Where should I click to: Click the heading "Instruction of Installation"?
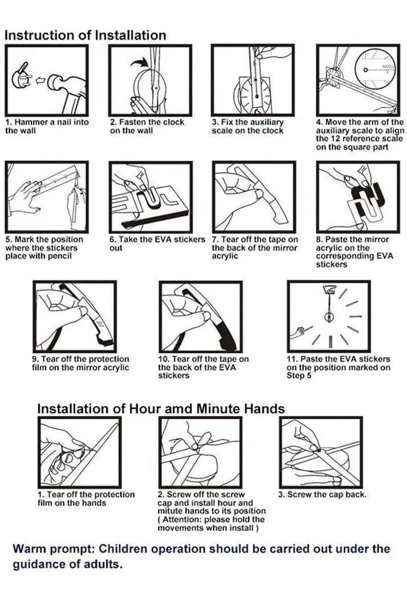[85, 35]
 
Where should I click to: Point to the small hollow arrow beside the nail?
[39, 80]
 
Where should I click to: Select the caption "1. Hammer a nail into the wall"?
[47, 126]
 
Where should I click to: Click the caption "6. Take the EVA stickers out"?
[157, 244]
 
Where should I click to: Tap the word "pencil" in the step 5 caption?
[60, 256]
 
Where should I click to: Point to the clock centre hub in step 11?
[329, 317]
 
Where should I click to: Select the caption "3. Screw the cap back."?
[322, 494]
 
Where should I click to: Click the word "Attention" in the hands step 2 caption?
[181, 519]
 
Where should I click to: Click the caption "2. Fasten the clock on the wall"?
[147, 126]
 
